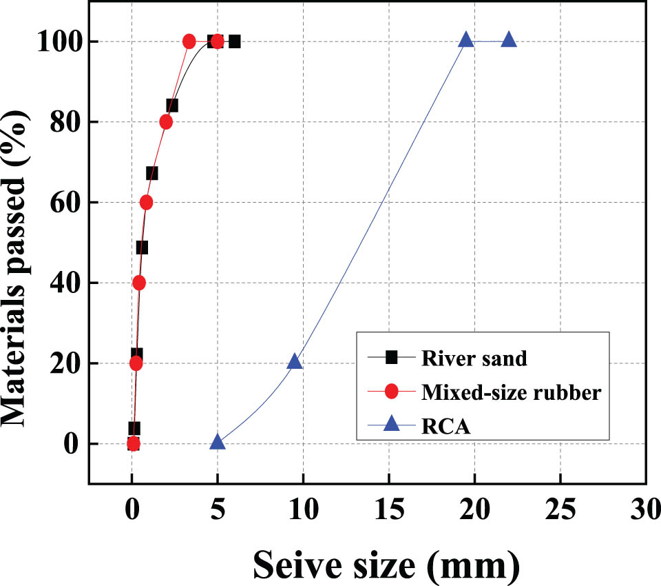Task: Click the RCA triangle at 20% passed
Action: tap(295, 361)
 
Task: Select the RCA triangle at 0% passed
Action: tap(218, 442)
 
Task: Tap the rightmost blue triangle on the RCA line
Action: tap(509, 40)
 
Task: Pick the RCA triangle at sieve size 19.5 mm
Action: tap(466, 40)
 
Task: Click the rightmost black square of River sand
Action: tap(234, 41)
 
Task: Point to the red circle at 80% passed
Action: tap(166, 122)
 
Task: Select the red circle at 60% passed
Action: tap(146, 202)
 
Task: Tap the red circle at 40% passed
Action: tap(139, 283)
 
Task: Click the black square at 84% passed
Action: tap(172, 105)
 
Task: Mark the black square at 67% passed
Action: tap(151, 173)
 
